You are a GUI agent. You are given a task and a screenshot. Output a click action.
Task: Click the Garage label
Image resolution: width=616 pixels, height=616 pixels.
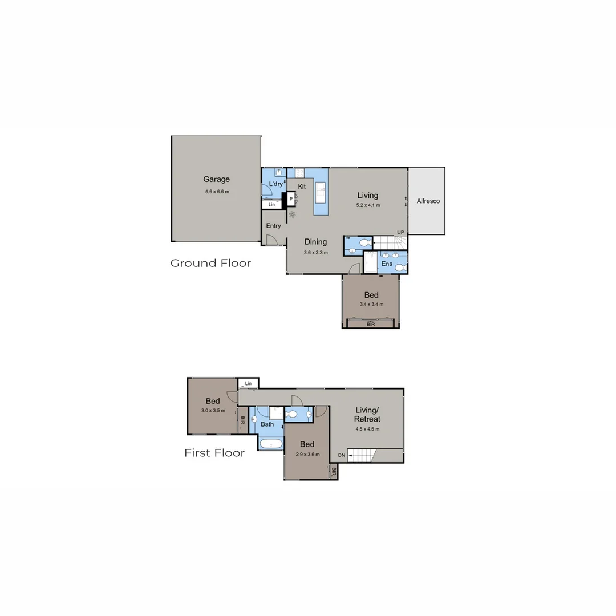point(217,179)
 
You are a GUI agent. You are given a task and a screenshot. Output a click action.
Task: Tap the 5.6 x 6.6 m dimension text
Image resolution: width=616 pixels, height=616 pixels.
point(217,192)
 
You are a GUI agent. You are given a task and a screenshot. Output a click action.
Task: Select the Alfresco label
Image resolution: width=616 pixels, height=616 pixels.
point(428,201)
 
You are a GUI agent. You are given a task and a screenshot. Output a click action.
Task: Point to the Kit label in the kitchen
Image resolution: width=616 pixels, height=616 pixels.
point(302,187)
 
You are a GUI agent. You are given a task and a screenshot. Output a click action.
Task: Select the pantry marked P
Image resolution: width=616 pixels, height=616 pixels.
point(291,199)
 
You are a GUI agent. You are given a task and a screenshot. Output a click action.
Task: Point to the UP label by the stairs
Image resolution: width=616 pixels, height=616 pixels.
point(400,232)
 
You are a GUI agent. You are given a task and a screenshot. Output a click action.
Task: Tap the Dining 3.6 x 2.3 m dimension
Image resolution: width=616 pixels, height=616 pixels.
point(315,252)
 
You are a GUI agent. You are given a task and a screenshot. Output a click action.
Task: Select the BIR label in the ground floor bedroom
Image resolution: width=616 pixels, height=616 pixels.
point(371,324)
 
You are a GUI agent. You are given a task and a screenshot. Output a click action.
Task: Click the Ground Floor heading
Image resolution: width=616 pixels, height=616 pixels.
point(210,263)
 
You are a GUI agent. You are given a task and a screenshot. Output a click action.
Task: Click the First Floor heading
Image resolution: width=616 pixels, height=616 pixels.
point(214,453)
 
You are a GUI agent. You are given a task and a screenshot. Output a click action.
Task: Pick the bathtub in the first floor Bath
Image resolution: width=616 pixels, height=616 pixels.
point(270,444)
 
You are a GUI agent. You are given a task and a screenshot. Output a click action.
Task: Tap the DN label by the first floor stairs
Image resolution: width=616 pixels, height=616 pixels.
point(341,455)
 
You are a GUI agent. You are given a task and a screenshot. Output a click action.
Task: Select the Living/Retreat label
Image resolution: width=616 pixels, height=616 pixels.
point(367,415)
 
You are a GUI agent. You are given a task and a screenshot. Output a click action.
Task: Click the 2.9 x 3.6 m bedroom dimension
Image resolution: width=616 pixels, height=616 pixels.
point(307,455)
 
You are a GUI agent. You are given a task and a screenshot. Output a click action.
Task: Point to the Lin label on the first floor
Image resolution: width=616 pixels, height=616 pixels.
point(248,383)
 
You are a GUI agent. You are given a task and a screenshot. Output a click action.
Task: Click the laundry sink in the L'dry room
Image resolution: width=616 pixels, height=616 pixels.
point(278,172)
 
